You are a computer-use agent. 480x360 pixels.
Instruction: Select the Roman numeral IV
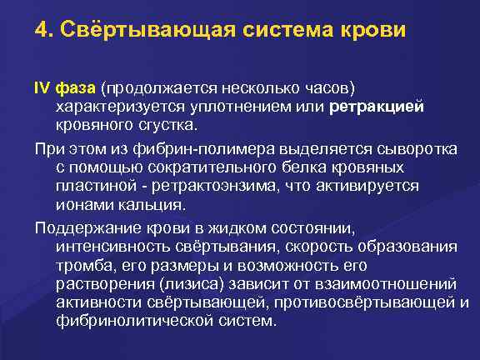click(x=42, y=88)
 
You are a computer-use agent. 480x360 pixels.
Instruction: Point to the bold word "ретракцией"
click(x=377, y=107)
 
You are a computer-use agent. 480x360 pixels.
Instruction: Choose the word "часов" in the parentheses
click(x=331, y=88)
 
